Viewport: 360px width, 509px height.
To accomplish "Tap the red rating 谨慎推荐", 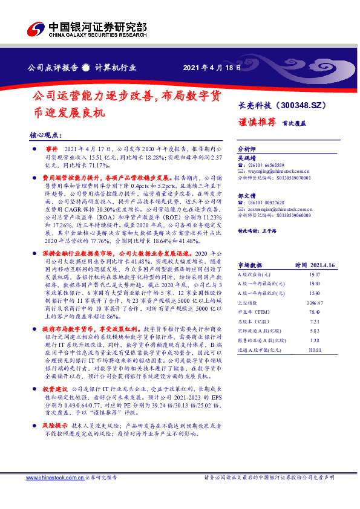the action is coord(256,121).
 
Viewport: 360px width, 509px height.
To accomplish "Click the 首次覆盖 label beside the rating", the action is coord(293,122).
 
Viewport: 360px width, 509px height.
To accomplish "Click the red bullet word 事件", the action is coord(51,148).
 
